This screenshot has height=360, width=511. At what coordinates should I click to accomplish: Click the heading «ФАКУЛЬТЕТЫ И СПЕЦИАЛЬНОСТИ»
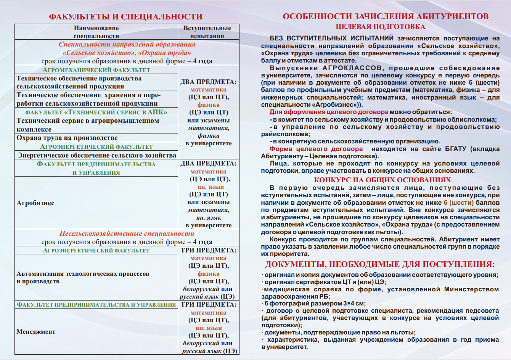pyautogui.click(x=125, y=17)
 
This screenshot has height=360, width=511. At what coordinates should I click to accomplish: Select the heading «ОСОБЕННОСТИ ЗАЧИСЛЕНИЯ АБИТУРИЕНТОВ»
pyautogui.click(x=386, y=16)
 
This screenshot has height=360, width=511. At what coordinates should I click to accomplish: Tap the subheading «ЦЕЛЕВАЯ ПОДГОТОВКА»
pyautogui.click(x=380, y=27)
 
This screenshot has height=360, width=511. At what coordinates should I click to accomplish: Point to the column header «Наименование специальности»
pyautogui.click(x=96, y=32)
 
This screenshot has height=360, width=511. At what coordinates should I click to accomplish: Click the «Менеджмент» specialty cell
pyautogui.click(x=36, y=331)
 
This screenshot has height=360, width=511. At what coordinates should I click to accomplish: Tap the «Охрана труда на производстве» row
pyautogui.click(x=67, y=138)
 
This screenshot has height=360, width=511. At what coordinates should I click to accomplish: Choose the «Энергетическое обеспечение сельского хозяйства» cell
pyautogui.click(x=97, y=155)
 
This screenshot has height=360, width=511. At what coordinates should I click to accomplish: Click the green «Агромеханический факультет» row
pyautogui.click(x=96, y=70)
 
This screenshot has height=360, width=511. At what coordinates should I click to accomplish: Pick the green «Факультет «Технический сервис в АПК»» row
pyautogui.click(x=96, y=112)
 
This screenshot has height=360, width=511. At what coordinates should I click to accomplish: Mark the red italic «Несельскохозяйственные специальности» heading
pyautogui.click(x=127, y=233)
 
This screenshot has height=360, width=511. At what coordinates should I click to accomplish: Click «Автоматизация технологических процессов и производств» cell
pyautogui.click(x=83, y=277)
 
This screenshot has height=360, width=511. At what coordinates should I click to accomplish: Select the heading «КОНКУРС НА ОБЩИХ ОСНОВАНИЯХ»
pyautogui.click(x=382, y=180)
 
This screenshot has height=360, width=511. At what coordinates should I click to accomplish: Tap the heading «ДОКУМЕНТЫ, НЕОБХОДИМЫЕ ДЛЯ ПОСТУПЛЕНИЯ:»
pyautogui.click(x=380, y=264)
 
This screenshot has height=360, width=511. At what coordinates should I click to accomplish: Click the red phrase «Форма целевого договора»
pyautogui.click(x=316, y=149)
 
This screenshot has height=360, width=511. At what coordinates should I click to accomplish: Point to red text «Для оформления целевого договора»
pyautogui.click(x=329, y=112)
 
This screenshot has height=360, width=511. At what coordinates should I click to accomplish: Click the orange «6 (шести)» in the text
pyautogui.click(x=458, y=202)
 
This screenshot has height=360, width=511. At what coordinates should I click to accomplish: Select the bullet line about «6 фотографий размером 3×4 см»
pyautogui.click(x=315, y=304)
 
